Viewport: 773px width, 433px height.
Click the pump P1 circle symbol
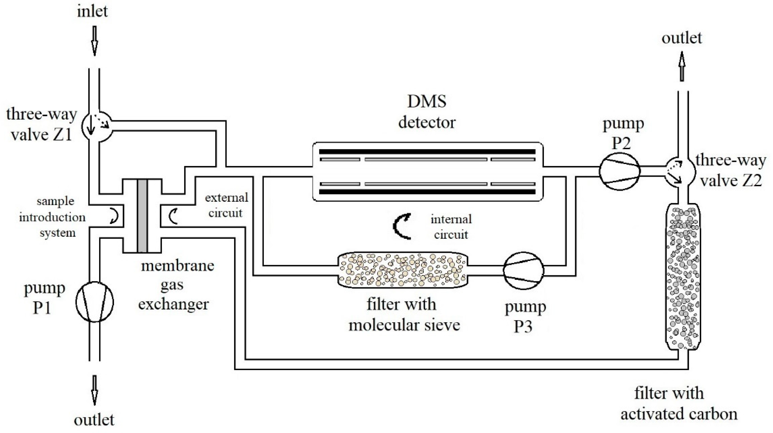click(94, 302)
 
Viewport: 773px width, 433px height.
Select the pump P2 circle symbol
click(620, 171)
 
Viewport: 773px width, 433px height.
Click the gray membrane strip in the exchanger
click(142, 216)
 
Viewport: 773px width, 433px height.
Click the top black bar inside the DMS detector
click(427, 152)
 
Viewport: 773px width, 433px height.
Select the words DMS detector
click(427, 112)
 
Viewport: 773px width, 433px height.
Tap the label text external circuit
click(226, 205)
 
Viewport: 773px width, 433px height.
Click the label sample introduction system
click(52, 217)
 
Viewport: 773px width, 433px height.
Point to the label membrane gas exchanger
click(176, 285)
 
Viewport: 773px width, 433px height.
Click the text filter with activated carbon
click(679, 404)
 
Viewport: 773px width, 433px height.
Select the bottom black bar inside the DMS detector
click(427, 192)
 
